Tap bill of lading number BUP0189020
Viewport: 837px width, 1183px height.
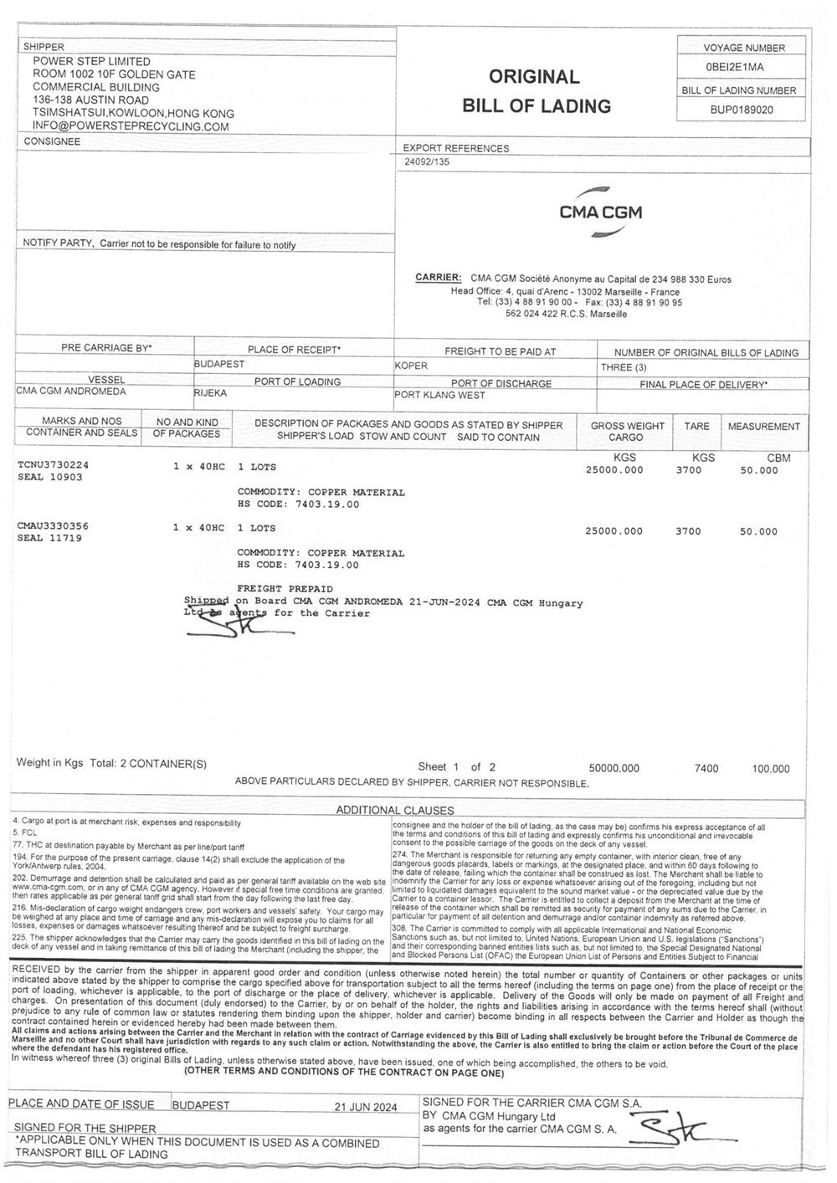pyautogui.click(x=742, y=109)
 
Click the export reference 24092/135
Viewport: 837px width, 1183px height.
pyautogui.click(x=426, y=162)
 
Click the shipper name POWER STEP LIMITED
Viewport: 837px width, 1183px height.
pyautogui.click(x=91, y=61)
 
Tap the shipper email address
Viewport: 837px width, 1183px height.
pyautogui.click(x=131, y=126)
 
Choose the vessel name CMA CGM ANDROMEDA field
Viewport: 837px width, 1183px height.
pyautogui.click(x=71, y=391)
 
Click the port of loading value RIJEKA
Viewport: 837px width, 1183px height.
pyautogui.click(x=211, y=392)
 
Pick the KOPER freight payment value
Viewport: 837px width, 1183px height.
pyautogui.click(x=411, y=366)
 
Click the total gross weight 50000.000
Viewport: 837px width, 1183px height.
pyautogui.click(x=614, y=768)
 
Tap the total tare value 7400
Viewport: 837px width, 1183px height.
pyautogui.click(x=706, y=768)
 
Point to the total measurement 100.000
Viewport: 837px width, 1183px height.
pyautogui.click(x=770, y=768)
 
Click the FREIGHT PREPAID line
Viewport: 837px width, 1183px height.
pyautogui.click(x=285, y=589)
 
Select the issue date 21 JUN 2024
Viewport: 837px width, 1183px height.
pyautogui.click(x=365, y=1105)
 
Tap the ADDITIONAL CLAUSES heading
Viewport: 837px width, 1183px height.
pyautogui.click(x=394, y=810)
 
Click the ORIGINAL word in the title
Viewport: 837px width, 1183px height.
pyautogui.click(x=534, y=77)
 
